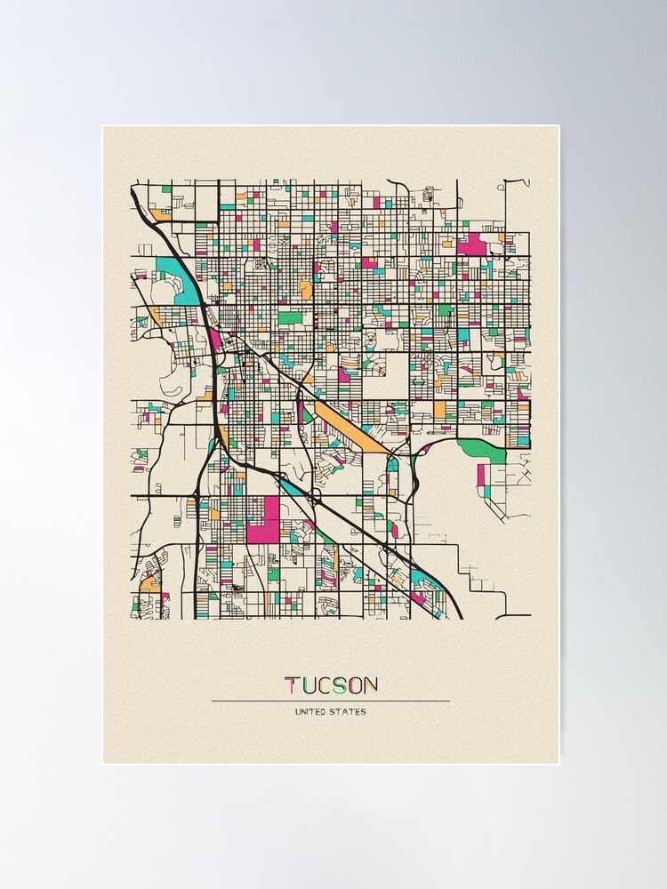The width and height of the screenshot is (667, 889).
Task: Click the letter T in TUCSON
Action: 291,685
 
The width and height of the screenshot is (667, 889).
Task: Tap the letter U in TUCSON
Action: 308,685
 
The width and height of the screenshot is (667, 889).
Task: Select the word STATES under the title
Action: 350,711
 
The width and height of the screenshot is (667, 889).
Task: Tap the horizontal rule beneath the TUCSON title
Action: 330,701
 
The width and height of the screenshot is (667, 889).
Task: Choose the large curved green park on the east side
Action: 484,449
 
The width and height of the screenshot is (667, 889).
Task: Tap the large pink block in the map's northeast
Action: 472,243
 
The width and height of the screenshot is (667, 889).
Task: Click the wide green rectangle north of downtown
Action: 290,316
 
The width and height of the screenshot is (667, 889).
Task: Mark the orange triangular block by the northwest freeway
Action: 160,214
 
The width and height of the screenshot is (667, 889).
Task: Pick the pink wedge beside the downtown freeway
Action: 216,339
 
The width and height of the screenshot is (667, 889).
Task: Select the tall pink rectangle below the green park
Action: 481,476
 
